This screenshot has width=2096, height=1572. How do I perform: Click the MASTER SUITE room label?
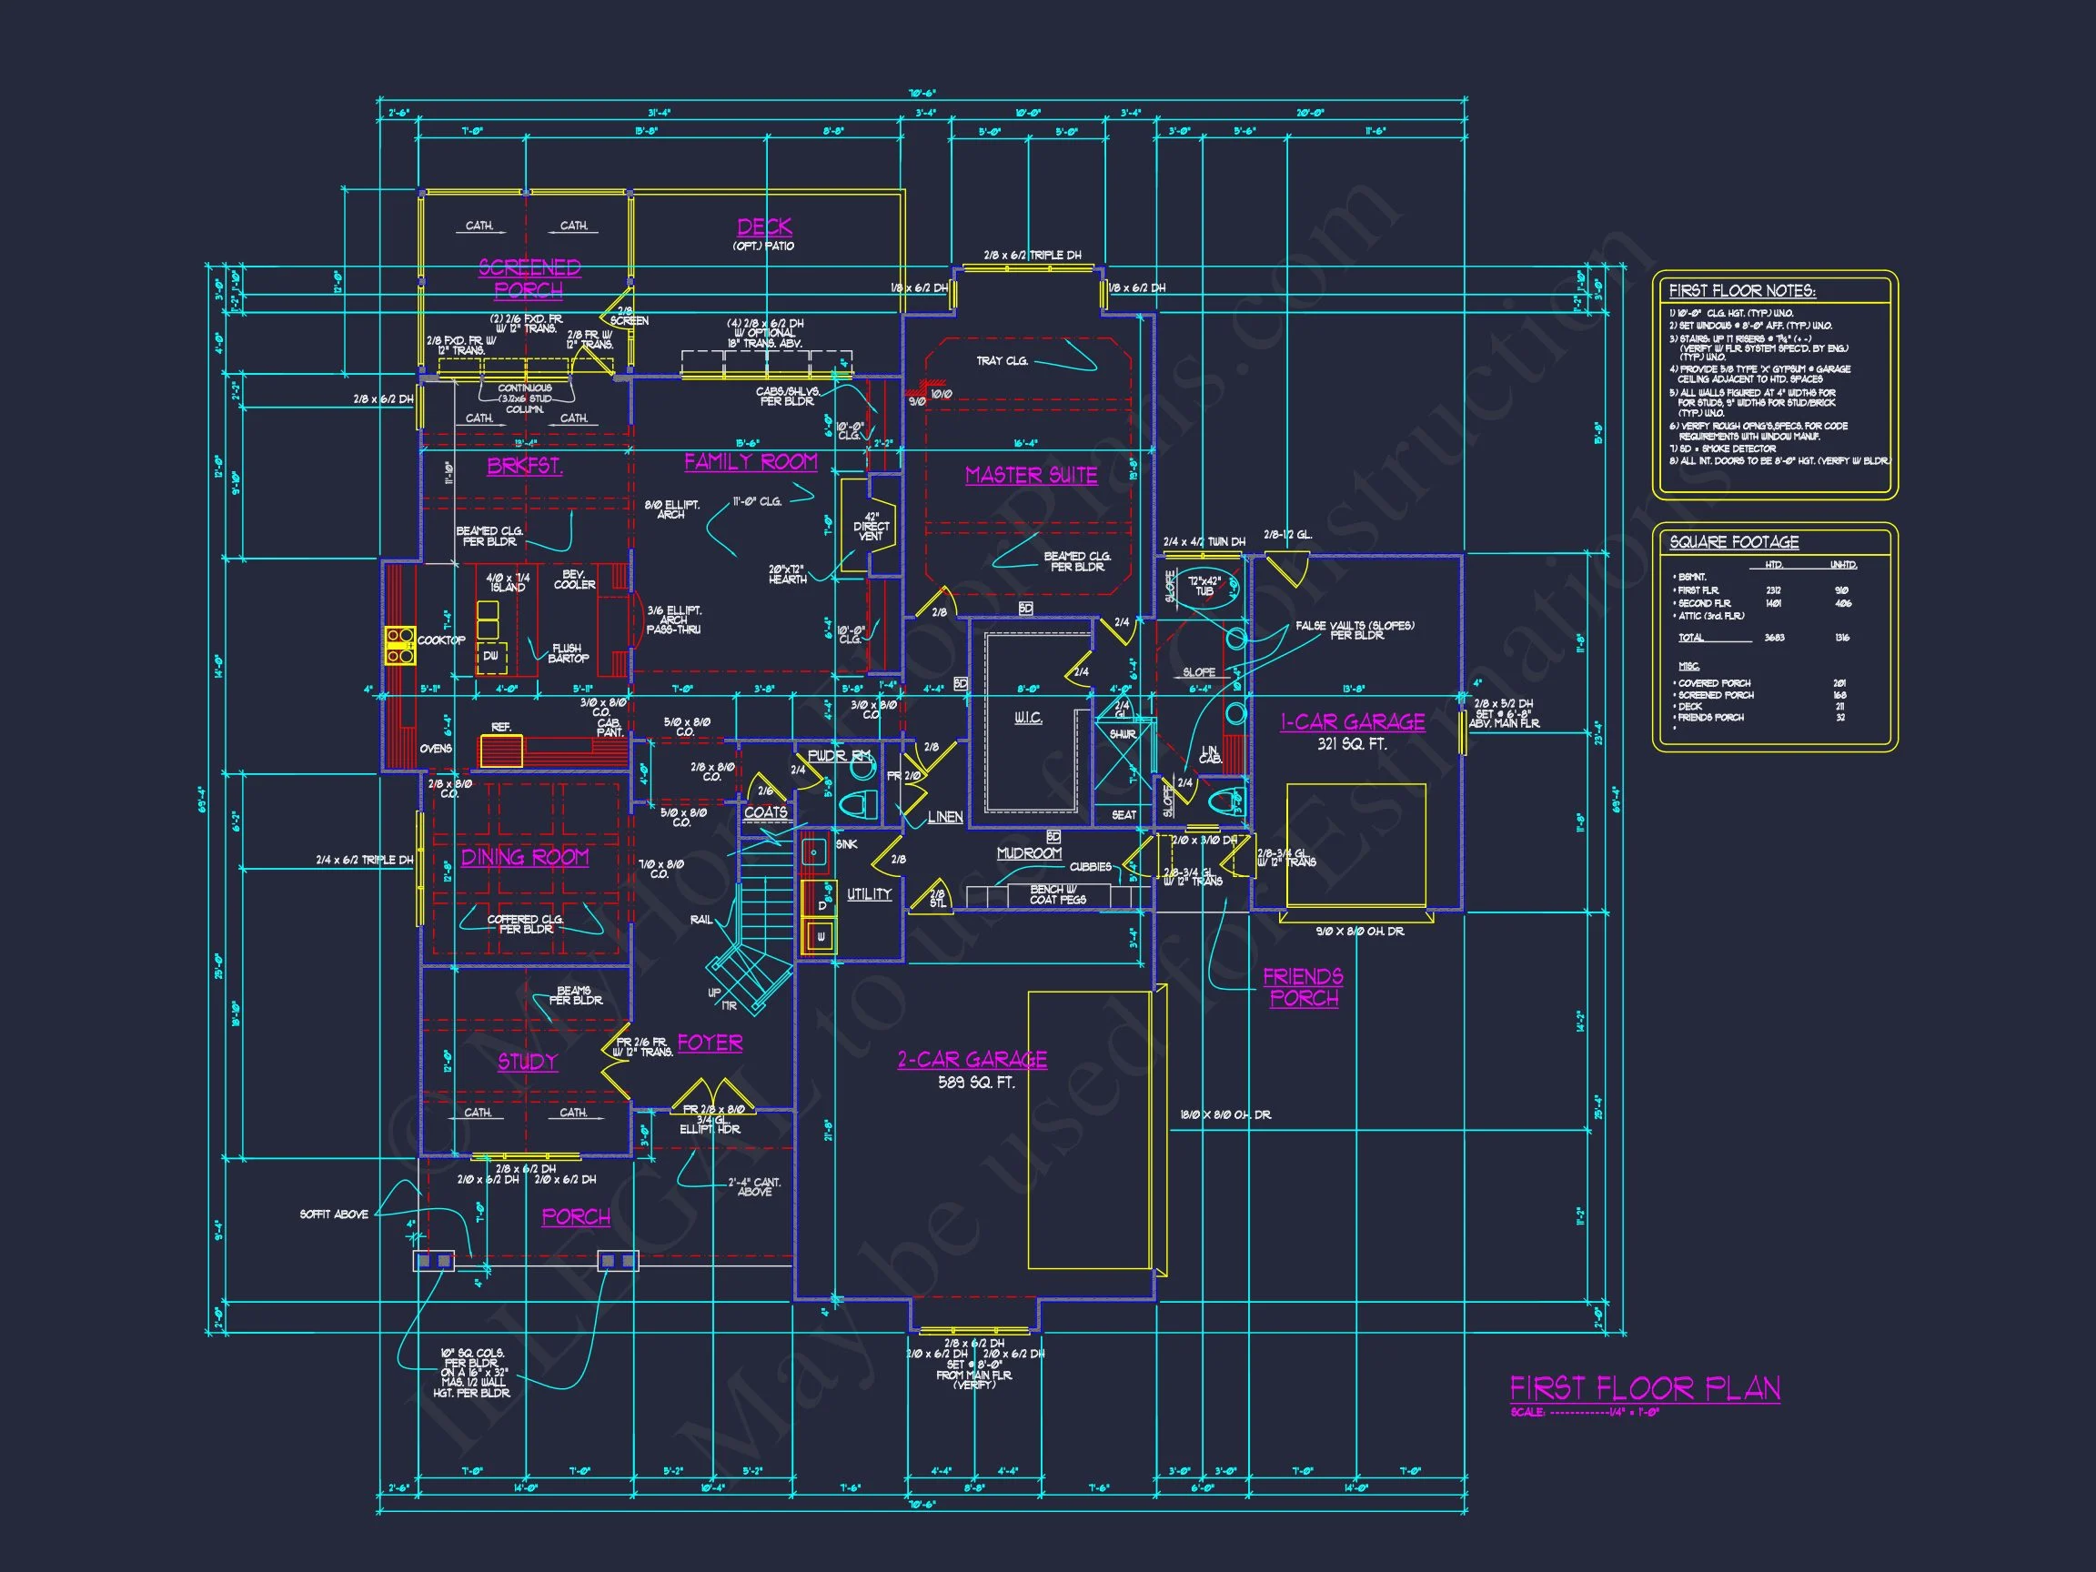click(1031, 475)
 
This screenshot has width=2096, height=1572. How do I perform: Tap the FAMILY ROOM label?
click(751, 461)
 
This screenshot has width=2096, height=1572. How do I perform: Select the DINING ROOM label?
click(525, 858)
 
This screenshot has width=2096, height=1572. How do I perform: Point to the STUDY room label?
click(528, 1062)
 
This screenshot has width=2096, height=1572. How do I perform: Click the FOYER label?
click(710, 1043)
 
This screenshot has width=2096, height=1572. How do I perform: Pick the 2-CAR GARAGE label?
click(972, 1059)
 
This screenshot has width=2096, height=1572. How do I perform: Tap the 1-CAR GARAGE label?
click(1352, 722)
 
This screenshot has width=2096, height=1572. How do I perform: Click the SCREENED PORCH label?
click(529, 278)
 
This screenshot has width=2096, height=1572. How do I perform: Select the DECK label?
click(765, 227)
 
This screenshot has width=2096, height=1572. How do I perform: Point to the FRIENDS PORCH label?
click(1303, 986)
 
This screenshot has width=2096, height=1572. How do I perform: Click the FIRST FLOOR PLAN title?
click(1644, 1389)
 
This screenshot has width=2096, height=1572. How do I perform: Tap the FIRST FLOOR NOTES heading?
click(1741, 291)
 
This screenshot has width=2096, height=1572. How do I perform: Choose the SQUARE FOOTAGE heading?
click(1733, 542)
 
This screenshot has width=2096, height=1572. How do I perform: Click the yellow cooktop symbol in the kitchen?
click(400, 644)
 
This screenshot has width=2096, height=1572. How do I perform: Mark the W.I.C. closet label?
click(1028, 719)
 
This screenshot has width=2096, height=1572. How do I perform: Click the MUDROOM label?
click(1029, 852)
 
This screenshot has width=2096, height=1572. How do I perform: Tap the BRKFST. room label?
click(525, 466)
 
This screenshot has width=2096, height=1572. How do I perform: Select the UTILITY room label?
click(869, 893)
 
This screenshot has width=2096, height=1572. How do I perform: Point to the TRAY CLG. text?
click(1002, 360)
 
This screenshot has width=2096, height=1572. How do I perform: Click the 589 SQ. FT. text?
click(976, 1082)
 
